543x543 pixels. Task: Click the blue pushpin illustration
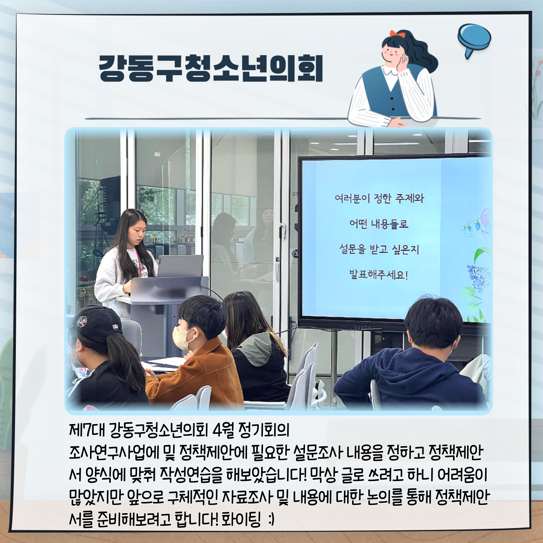[474, 39]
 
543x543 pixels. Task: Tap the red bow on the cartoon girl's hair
[397, 34]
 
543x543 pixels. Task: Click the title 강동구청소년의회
[211, 68]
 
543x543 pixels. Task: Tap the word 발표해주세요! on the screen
[378, 275]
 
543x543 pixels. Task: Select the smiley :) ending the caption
[271, 519]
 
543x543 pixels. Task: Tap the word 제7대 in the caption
[86, 430]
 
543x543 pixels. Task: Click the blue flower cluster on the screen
[478, 277]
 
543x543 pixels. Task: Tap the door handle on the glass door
[283, 230]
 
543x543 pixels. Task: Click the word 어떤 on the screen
[358, 224]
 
